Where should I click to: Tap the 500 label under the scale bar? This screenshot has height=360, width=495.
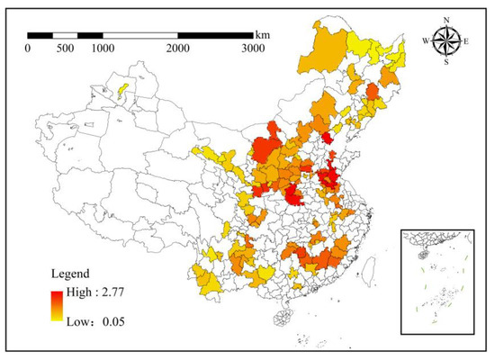pos(65,48)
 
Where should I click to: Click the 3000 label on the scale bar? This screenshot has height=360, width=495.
pos(253,48)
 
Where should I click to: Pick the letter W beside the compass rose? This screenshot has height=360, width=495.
pos(426,40)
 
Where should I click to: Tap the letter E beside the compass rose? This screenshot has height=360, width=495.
pos(467,40)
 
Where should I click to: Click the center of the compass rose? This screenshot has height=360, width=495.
pos(446,40)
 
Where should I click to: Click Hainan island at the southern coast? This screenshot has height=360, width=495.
pos(283,318)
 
